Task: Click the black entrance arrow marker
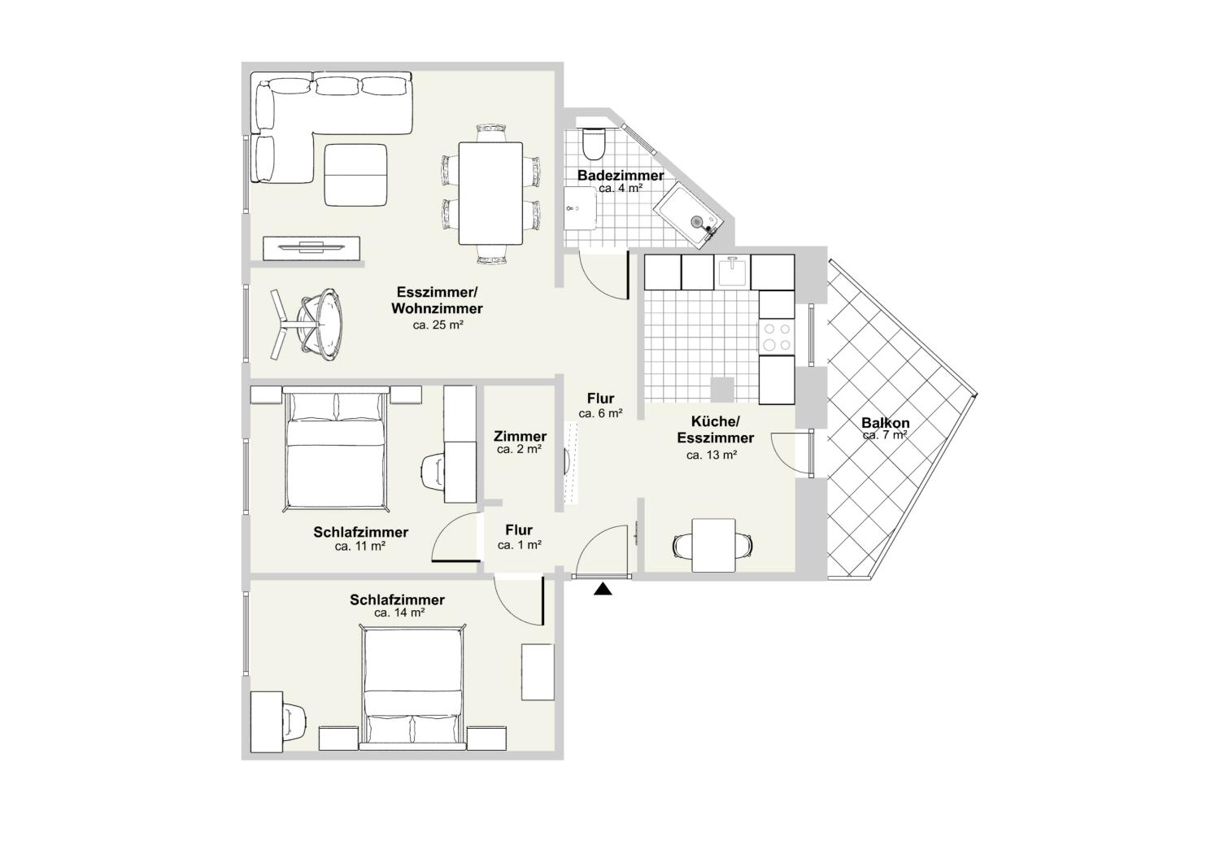pyautogui.click(x=602, y=590)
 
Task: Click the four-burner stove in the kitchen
pyautogui.click(x=776, y=337)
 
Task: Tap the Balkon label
pyautogui.click(x=886, y=423)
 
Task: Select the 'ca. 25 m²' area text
pyautogui.click(x=438, y=325)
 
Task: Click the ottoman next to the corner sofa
pyautogui.click(x=355, y=175)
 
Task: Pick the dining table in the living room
pyautogui.click(x=490, y=193)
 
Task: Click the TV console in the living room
pyautogui.click(x=312, y=249)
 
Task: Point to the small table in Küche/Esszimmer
pyautogui.click(x=715, y=544)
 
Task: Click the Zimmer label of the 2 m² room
pyautogui.click(x=520, y=437)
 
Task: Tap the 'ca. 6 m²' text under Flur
pyautogui.click(x=600, y=413)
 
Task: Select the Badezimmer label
pyautogui.click(x=620, y=176)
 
